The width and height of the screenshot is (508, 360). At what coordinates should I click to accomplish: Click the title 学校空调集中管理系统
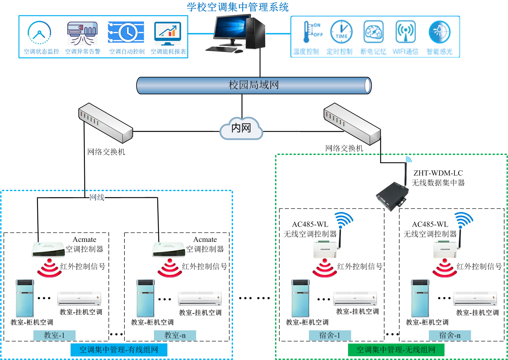(238, 7)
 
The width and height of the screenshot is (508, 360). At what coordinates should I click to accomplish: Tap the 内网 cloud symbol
(241, 128)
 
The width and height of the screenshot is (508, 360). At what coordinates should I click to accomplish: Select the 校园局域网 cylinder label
(254, 85)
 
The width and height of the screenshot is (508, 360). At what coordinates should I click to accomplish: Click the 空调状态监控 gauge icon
(39, 33)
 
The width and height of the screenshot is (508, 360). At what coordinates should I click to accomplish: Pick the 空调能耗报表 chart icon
(168, 33)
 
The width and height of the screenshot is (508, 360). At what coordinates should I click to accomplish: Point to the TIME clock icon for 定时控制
(341, 32)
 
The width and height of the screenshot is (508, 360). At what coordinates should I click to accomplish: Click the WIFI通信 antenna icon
(406, 32)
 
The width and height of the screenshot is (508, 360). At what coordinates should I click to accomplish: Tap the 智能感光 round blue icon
(439, 32)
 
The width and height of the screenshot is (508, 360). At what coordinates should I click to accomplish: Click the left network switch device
(105, 123)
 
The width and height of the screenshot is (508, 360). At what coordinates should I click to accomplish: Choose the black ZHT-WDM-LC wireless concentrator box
(392, 195)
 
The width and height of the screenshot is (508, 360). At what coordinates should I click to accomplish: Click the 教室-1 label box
(54, 335)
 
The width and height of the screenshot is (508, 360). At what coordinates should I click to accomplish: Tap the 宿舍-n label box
(450, 335)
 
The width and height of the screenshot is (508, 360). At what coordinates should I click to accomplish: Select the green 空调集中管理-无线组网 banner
(396, 350)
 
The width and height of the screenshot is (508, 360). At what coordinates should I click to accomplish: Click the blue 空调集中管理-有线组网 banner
(119, 350)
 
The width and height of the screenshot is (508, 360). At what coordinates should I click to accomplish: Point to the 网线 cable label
(97, 198)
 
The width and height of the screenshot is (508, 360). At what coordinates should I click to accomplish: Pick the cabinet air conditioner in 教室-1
(25, 298)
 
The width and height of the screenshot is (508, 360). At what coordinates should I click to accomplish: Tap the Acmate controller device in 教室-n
(168, 250)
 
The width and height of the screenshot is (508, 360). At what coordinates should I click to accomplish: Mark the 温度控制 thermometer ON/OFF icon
(312, 32)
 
